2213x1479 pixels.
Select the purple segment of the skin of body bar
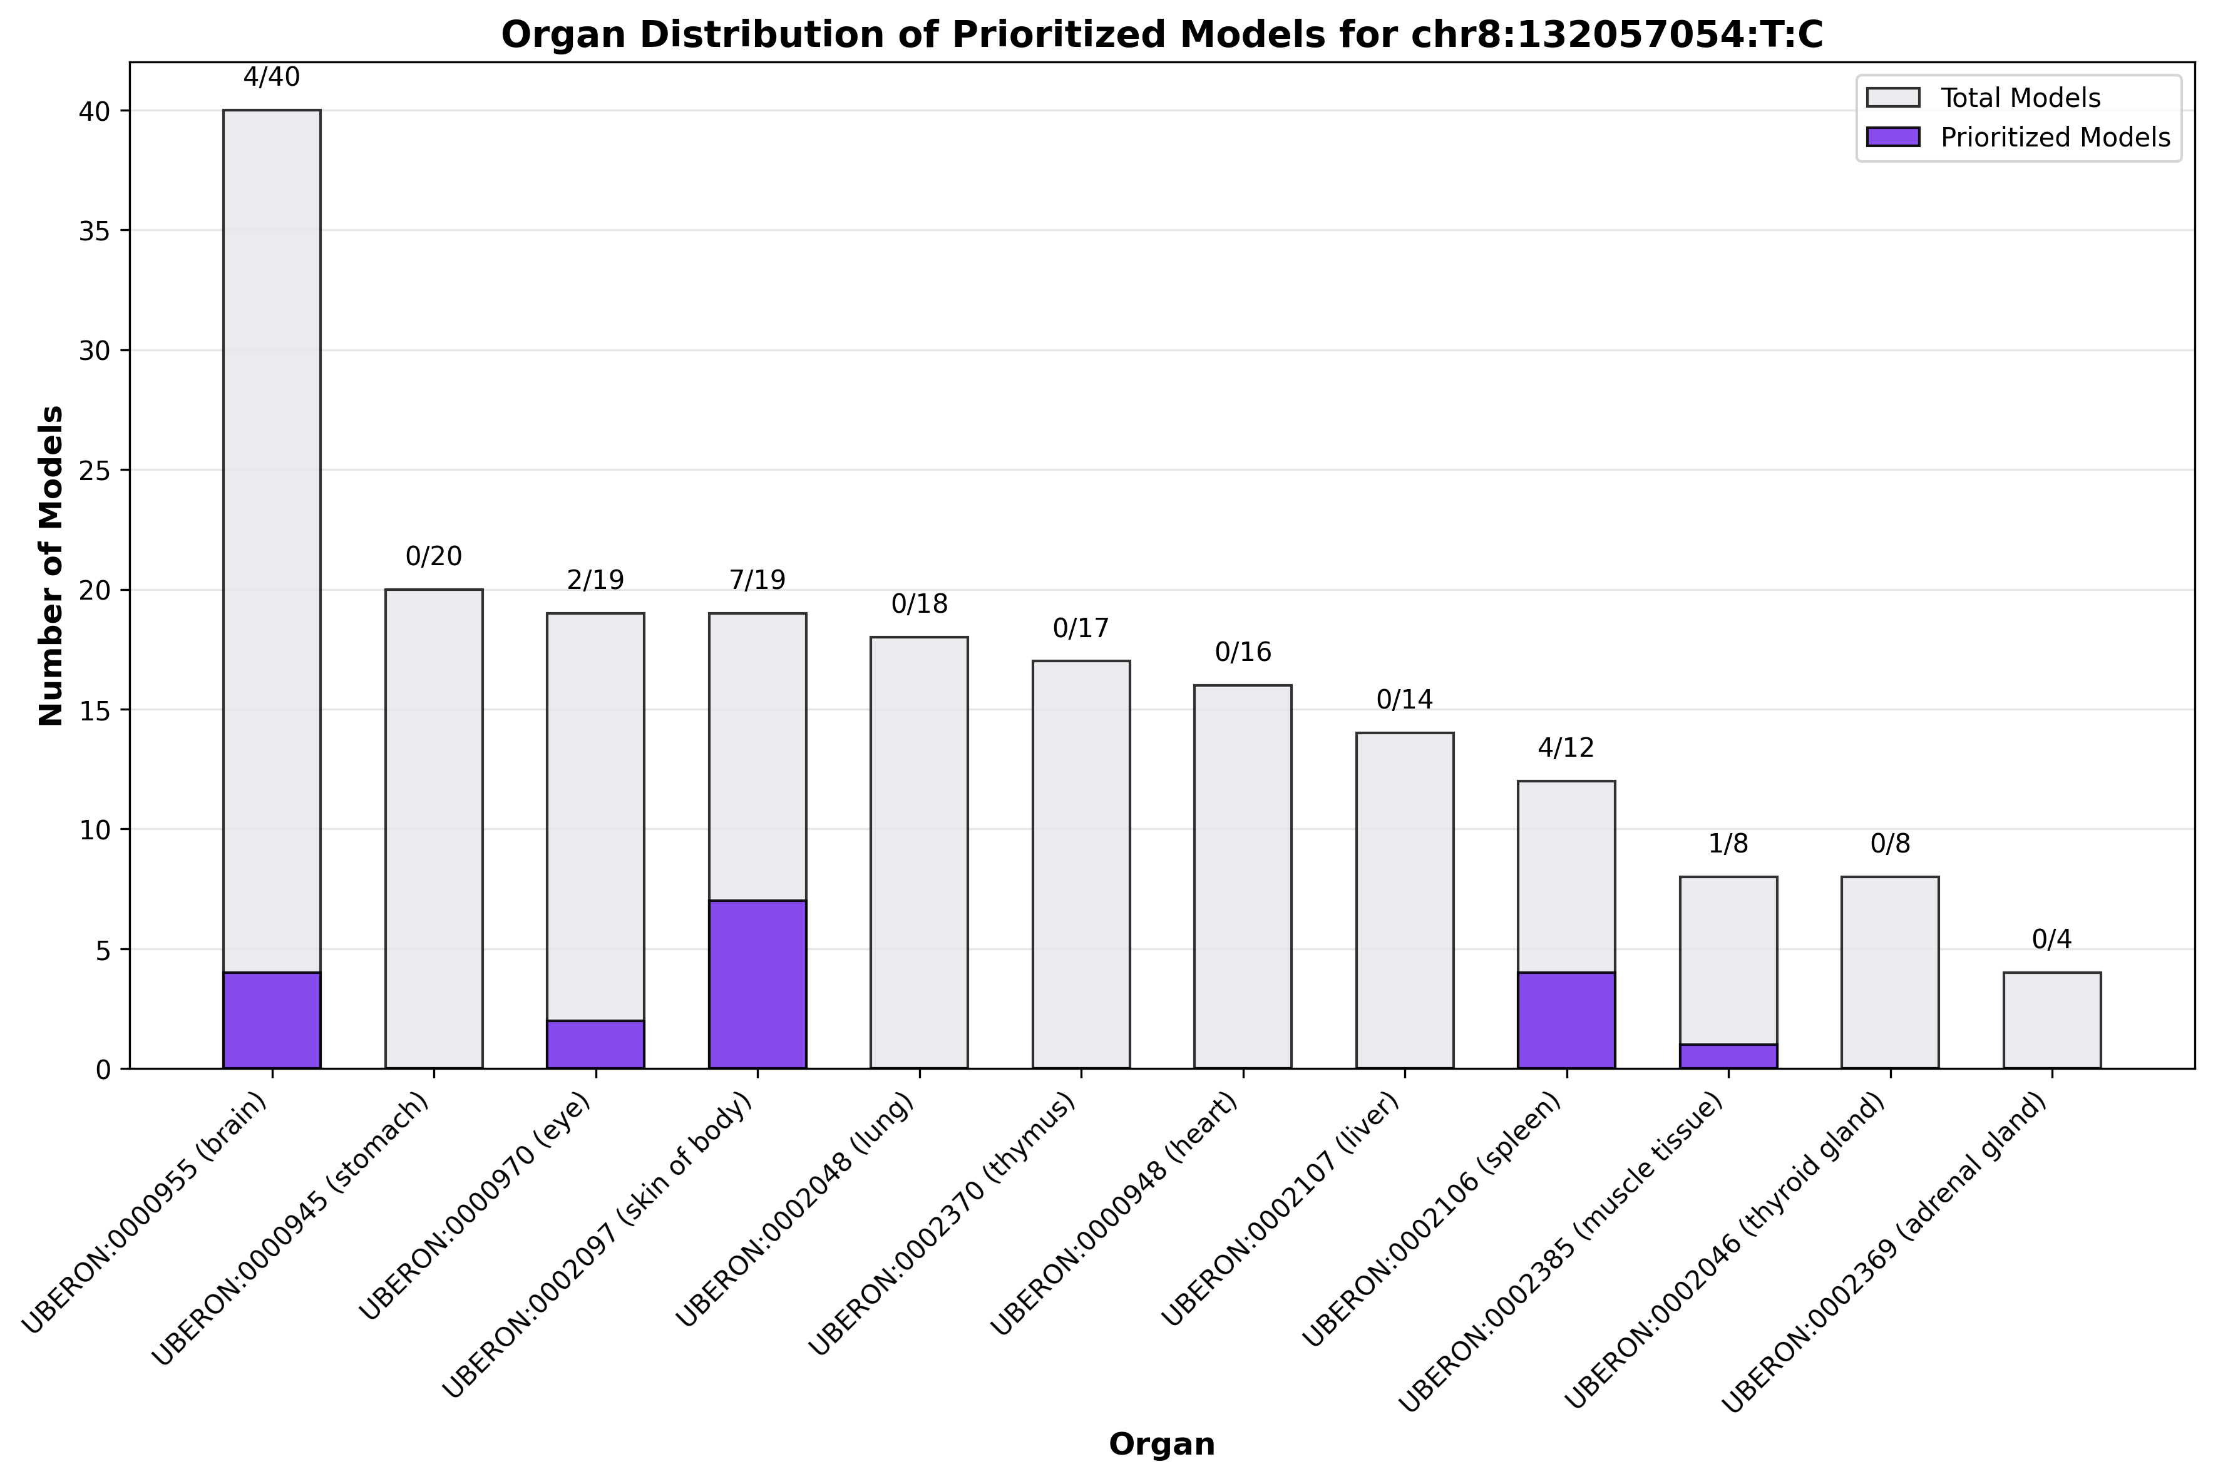coord(757,984)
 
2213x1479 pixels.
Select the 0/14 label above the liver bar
coord(1405,700)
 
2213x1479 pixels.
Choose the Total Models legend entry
coord(2020,98)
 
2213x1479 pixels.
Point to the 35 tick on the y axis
coord(91,231)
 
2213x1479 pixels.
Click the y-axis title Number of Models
coord(52,566)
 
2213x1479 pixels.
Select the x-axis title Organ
coord(1161,1444)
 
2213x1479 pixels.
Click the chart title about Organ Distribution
coord(1161,35)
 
